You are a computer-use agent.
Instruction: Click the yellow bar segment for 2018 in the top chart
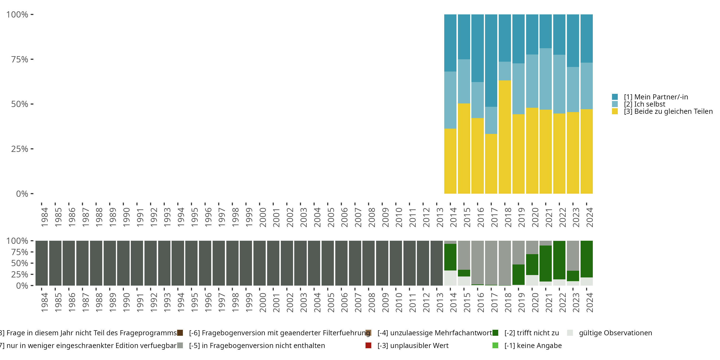[504, 137]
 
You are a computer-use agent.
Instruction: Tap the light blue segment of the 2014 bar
[450, 100]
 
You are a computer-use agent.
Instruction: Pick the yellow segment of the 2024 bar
[586, 151]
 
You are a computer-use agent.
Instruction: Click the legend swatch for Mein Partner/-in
[615, 97]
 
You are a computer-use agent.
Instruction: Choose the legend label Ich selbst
[645, 104]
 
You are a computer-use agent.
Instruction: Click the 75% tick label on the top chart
[20, 60]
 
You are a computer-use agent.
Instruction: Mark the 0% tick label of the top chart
[22, 194]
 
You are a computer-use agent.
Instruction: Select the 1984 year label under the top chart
[45, 217]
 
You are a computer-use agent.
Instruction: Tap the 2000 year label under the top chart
[263, 217]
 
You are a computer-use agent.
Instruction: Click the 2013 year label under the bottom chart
[440, 302]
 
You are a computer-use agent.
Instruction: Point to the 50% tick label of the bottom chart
[20, 263]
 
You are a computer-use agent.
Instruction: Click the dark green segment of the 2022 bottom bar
[559, 260]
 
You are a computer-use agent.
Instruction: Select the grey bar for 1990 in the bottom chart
[123, 263]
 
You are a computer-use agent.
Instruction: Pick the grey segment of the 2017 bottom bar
[491, 263]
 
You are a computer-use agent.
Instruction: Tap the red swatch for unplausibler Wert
[368, 345]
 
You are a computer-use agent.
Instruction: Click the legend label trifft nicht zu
[532, 333]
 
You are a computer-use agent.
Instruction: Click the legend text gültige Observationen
[615, 333]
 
